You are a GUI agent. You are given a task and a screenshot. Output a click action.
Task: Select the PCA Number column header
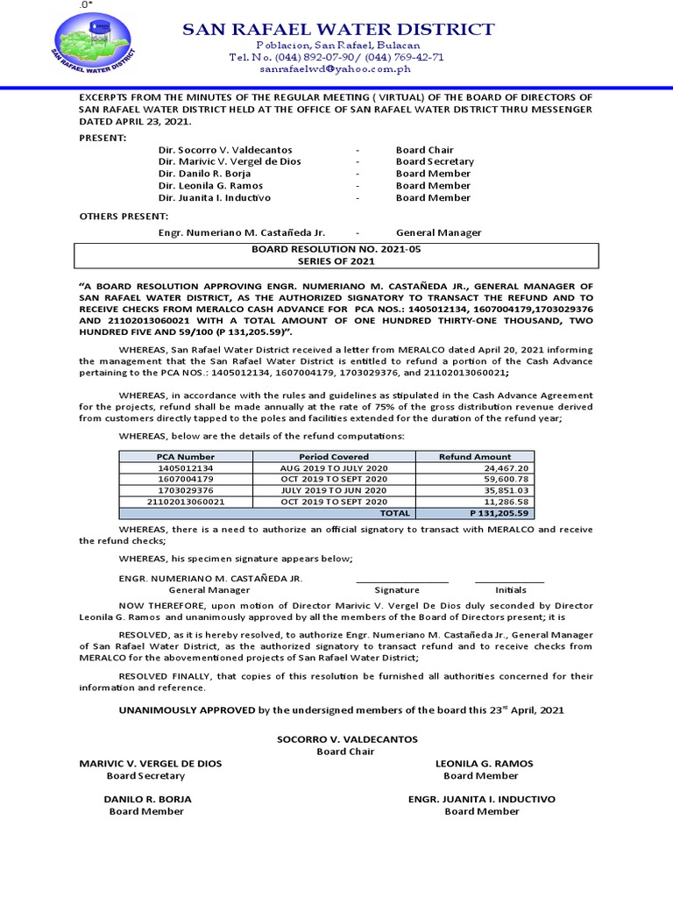tap(186, 457)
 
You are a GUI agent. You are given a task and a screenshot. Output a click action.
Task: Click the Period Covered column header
tap(334, 457)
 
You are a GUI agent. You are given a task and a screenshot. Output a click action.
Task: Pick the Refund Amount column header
tap(475, 457)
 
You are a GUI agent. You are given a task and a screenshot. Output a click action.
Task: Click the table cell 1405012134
tap(186, 468)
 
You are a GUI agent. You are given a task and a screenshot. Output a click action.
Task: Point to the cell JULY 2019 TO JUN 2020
tap(334, 490)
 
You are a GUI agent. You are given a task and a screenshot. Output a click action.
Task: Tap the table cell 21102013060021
tap(186, 502)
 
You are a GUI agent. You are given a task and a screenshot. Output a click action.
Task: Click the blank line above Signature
tap(401, 581)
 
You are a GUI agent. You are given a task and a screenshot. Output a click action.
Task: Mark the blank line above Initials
tap(509, 581)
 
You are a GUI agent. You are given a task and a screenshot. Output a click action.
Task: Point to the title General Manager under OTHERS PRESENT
tap(438, 233)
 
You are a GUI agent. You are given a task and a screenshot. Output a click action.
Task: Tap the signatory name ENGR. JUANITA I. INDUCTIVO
tap(482, 800)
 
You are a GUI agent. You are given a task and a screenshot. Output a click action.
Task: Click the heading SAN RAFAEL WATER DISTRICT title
tap(337, 30)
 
